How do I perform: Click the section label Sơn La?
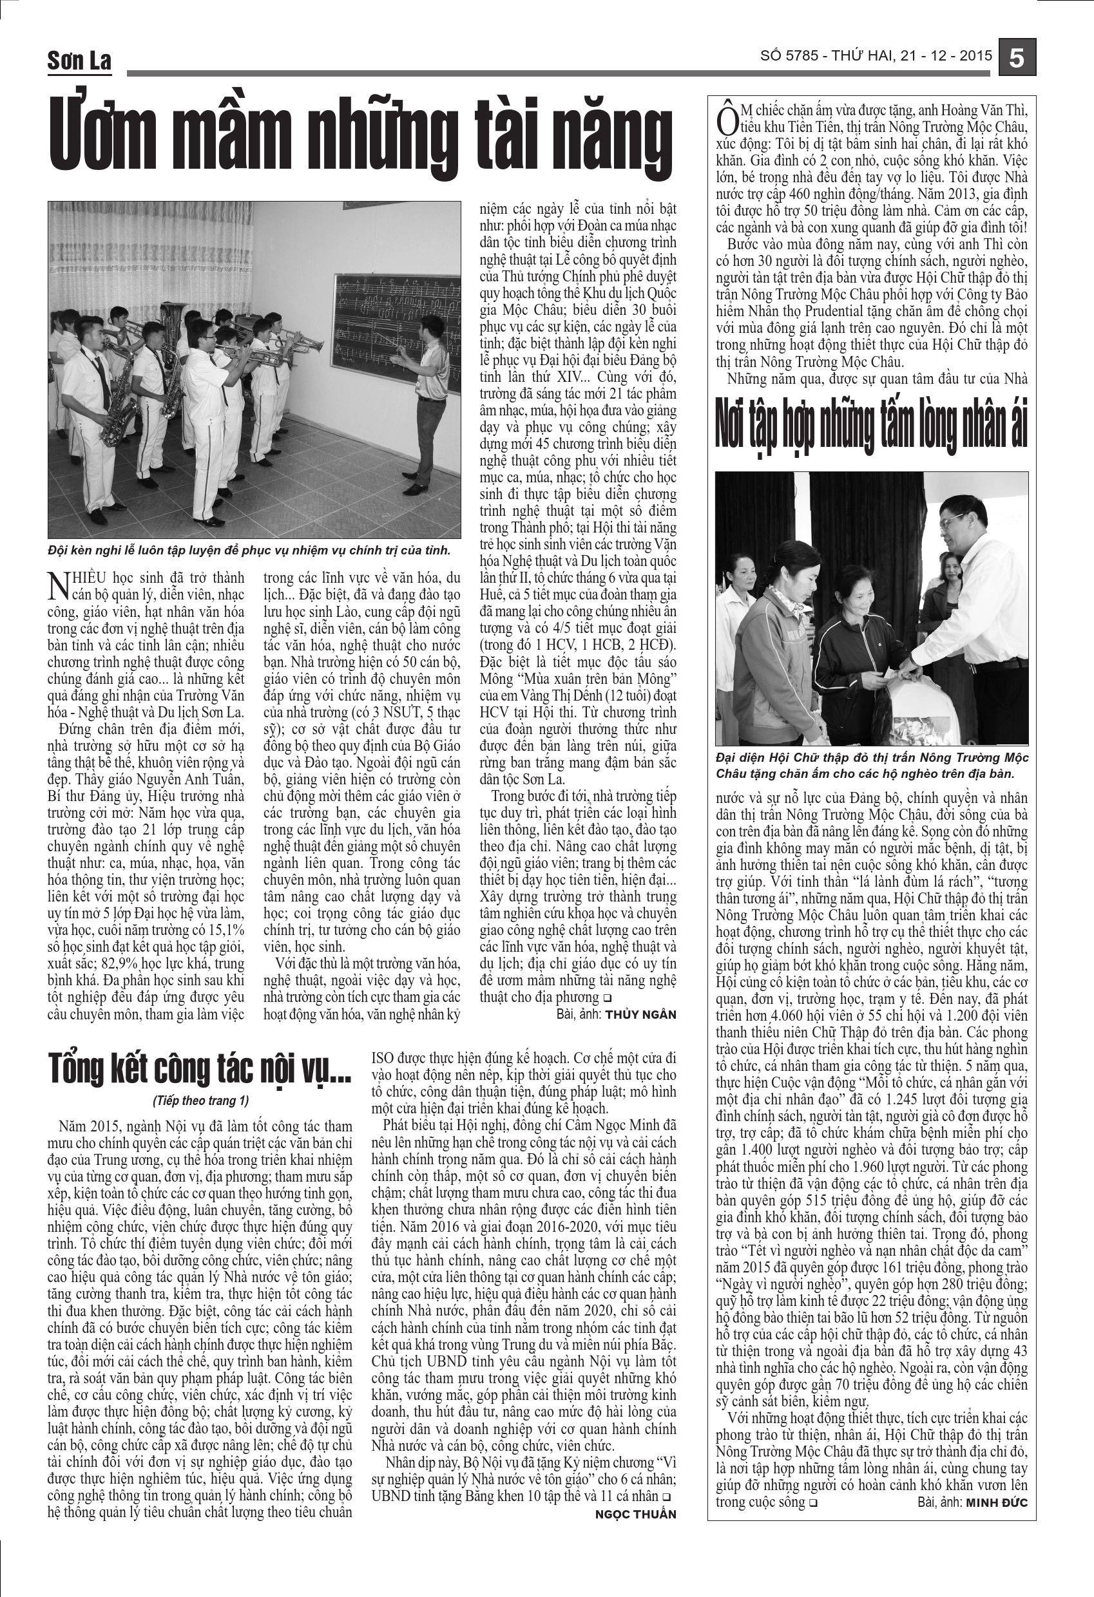pyautogui.click(x=79, y=61)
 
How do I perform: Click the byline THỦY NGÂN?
pyautogui.click(x=640, y=1014)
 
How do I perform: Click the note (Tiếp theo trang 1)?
pyautogui.click(x=201, y=1100)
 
